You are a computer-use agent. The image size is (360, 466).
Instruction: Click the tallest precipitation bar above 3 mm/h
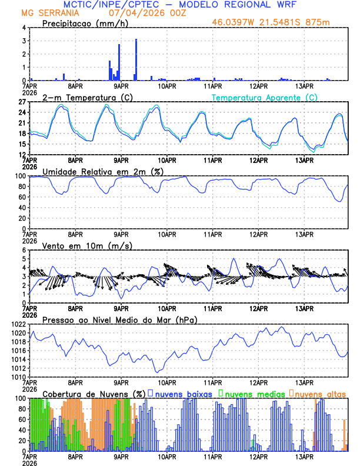(x=136, y=59)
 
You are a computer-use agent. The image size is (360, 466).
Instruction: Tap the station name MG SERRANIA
(x=44, y=13)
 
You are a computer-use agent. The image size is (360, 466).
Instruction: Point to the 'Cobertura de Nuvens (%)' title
(x=94, y=393)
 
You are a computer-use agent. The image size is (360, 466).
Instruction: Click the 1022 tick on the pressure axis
(x=18, y=324)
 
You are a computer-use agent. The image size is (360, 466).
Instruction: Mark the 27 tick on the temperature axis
(x=21, y=102)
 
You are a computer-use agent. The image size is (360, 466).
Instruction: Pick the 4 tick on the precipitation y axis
(x=24, y=28)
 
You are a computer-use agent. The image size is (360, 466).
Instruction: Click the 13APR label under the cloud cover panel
(x=304, y=456)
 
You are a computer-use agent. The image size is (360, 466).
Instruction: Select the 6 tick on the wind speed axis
(x=24, y=250)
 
